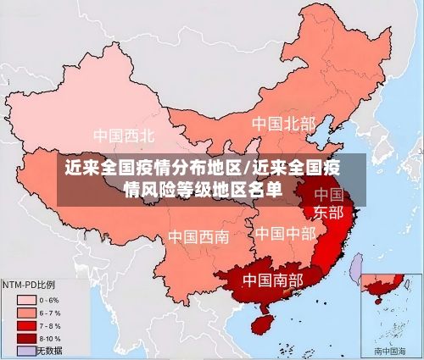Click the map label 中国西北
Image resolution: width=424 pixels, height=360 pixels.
(124, 136)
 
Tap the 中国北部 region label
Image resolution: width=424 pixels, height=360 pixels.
(283, 124)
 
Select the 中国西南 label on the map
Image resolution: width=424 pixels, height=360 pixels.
(198, 236)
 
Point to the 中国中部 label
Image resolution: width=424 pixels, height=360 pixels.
(285, 233)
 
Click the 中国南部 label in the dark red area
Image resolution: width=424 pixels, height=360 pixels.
(272, 279)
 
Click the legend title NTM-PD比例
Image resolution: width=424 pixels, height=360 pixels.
(39, 284)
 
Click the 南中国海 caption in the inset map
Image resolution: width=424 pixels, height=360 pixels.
(391, 350)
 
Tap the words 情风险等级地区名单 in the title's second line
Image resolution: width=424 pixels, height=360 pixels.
(204, 189)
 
